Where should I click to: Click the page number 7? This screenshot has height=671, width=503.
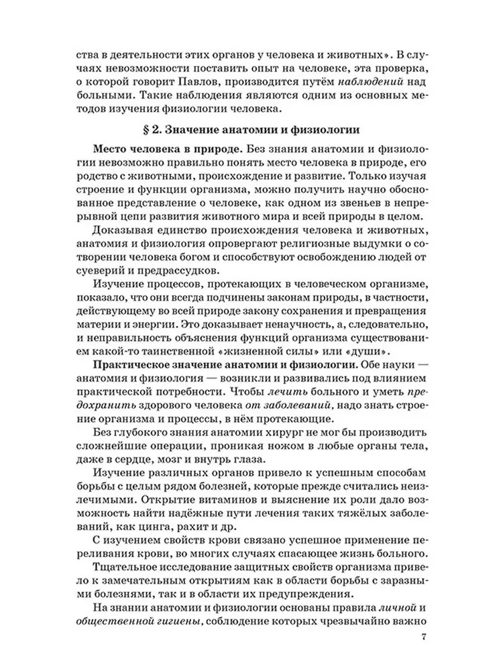[x=423, y=636]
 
